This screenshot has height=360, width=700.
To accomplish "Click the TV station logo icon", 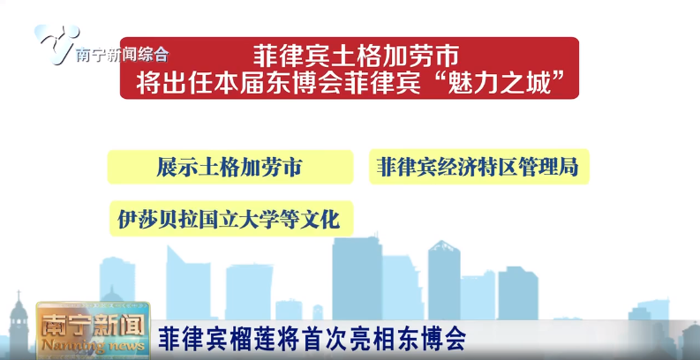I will click(x=55, y=41).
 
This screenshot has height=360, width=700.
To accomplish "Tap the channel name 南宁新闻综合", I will click(x=122, y=55).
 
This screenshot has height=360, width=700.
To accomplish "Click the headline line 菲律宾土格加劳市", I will click(x=350, y=55).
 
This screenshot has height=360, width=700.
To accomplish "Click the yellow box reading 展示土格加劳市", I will click(x=230, y=167).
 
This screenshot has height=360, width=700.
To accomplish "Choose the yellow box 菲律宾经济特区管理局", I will click(x=478, y=167).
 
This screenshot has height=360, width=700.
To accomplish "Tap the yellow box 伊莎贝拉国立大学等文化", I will click(x=230, y=218).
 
